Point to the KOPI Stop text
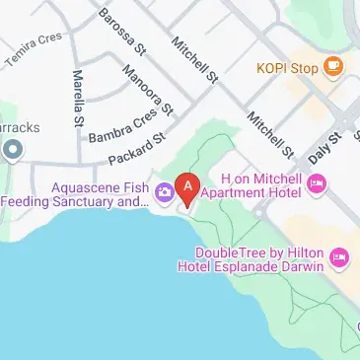287,68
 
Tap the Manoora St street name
149,88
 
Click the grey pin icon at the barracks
12,150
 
